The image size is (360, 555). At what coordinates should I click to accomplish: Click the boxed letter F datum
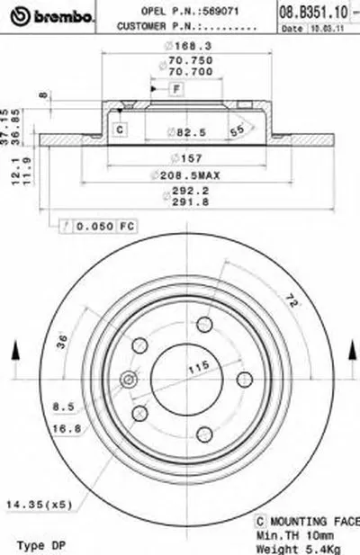176,88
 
